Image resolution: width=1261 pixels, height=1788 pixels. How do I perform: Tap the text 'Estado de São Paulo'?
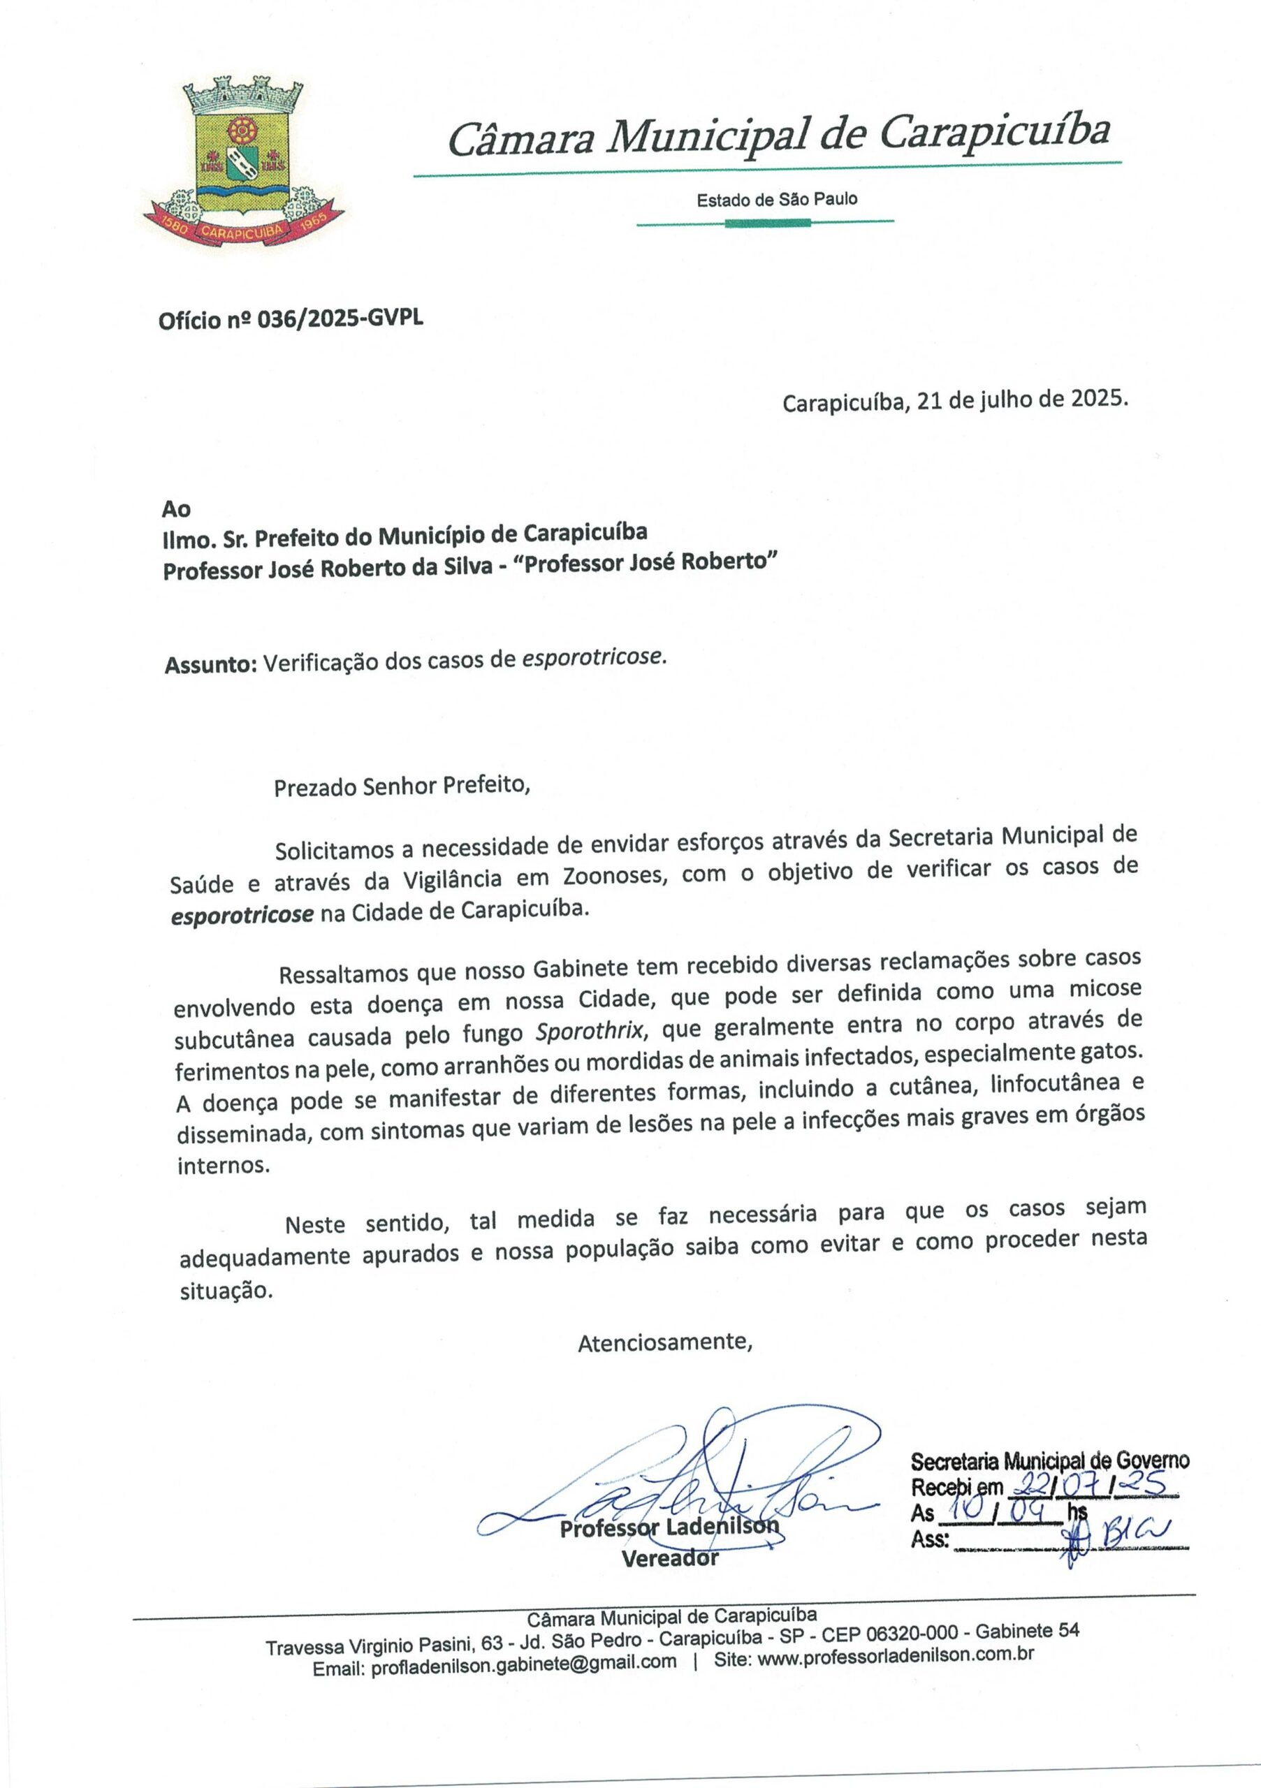[x=777, y=199]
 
